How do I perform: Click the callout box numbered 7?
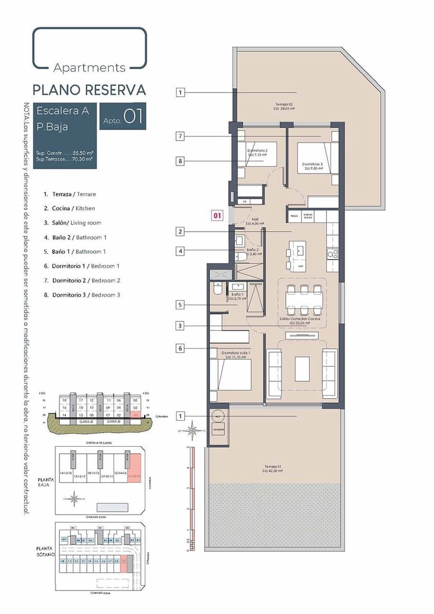(180, 136)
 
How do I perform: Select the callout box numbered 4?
(180, 251)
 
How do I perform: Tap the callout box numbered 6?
(180, 348)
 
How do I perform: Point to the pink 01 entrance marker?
(218, 215)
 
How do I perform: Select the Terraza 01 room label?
(274, 468)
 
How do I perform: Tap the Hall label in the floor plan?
(254, 221)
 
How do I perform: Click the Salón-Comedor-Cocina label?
(299, 321)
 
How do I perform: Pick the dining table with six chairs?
(304, 300)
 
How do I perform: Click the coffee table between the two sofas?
(302, 369)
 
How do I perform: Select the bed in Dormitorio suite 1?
(233, 375)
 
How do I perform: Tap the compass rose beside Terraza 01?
(192, 430)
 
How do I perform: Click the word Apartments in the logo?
(90, 68)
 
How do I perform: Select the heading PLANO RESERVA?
(90, 90)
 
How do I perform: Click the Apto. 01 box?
(123, 116)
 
